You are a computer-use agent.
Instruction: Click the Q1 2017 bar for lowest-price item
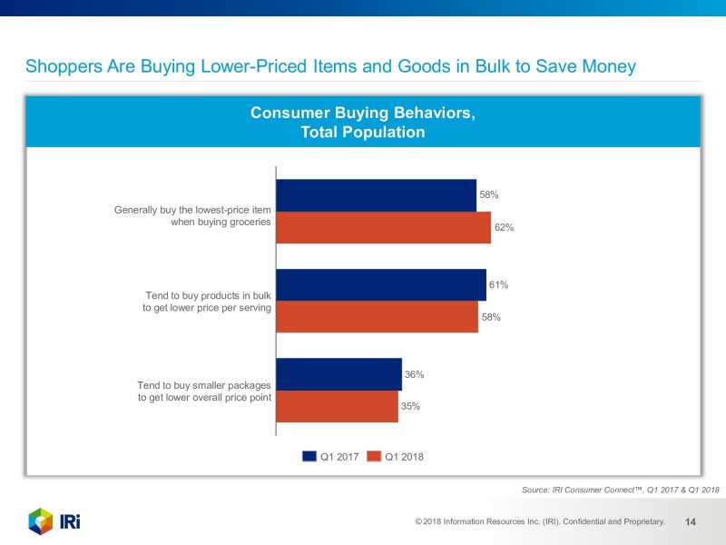pos(376,195)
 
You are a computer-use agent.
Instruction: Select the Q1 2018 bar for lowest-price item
pos(383,227)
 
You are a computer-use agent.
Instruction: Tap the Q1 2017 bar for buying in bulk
pos(381,285)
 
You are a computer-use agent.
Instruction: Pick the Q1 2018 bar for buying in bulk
pos(377,317)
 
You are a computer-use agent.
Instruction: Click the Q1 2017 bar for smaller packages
pos(338,374)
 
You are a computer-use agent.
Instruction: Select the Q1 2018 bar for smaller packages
pos(337,406)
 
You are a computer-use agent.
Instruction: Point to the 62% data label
pos(505,227)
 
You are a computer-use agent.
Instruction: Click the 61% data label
pos(498,284)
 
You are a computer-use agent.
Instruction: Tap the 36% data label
pos(414,374)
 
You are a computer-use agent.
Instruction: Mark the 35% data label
pos(410,406)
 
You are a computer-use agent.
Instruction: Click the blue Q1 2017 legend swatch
pos(309,457)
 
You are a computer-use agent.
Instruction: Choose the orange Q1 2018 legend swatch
pos(373,457)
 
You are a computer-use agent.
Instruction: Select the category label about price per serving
pos(208,302)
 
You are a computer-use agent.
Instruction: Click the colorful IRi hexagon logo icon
pos(40,521)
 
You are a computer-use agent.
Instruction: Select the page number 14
pos(690,522)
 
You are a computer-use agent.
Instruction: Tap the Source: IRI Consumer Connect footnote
pos(621,490)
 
